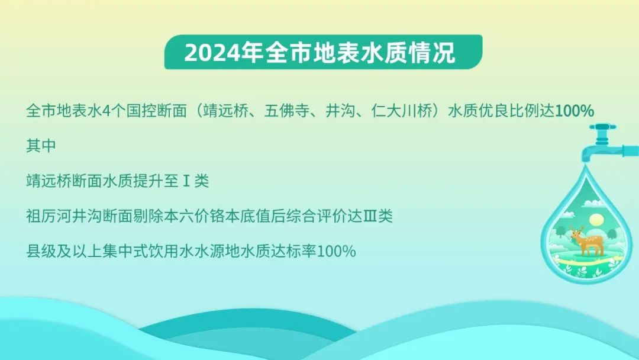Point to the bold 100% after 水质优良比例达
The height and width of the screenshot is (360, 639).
pos(574,111)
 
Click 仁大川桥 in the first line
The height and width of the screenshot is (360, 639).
pos(401,111)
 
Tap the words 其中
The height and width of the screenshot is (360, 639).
pos(41,146)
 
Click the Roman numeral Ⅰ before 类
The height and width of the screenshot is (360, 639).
pos(186,181)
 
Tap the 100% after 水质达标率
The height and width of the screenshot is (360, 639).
pos(336,251)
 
